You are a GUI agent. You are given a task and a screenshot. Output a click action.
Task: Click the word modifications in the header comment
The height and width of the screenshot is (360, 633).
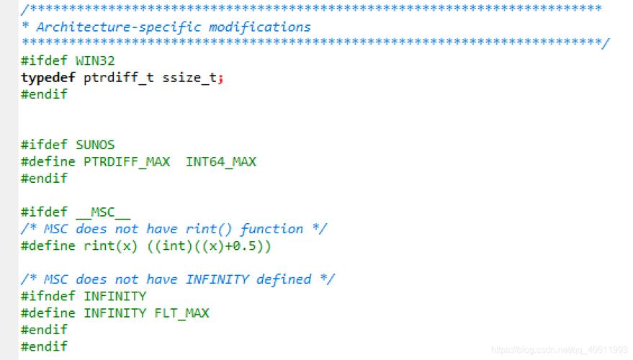(x=259, y=27)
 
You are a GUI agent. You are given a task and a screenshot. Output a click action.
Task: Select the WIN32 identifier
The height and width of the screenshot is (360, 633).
(x=94, y=61)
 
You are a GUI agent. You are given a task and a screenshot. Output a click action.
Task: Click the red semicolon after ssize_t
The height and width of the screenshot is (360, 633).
(x=220, y=78)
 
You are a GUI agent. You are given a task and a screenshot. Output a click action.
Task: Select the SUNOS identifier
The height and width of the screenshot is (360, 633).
(x=94, y=145)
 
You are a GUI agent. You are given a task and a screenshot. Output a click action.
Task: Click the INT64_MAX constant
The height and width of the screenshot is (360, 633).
(x=220, y=162)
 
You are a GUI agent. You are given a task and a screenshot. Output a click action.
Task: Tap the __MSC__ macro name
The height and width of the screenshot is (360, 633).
(x=103, y=212)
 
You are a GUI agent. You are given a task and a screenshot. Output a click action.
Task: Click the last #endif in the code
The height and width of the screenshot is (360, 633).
(x=44, y=346)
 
